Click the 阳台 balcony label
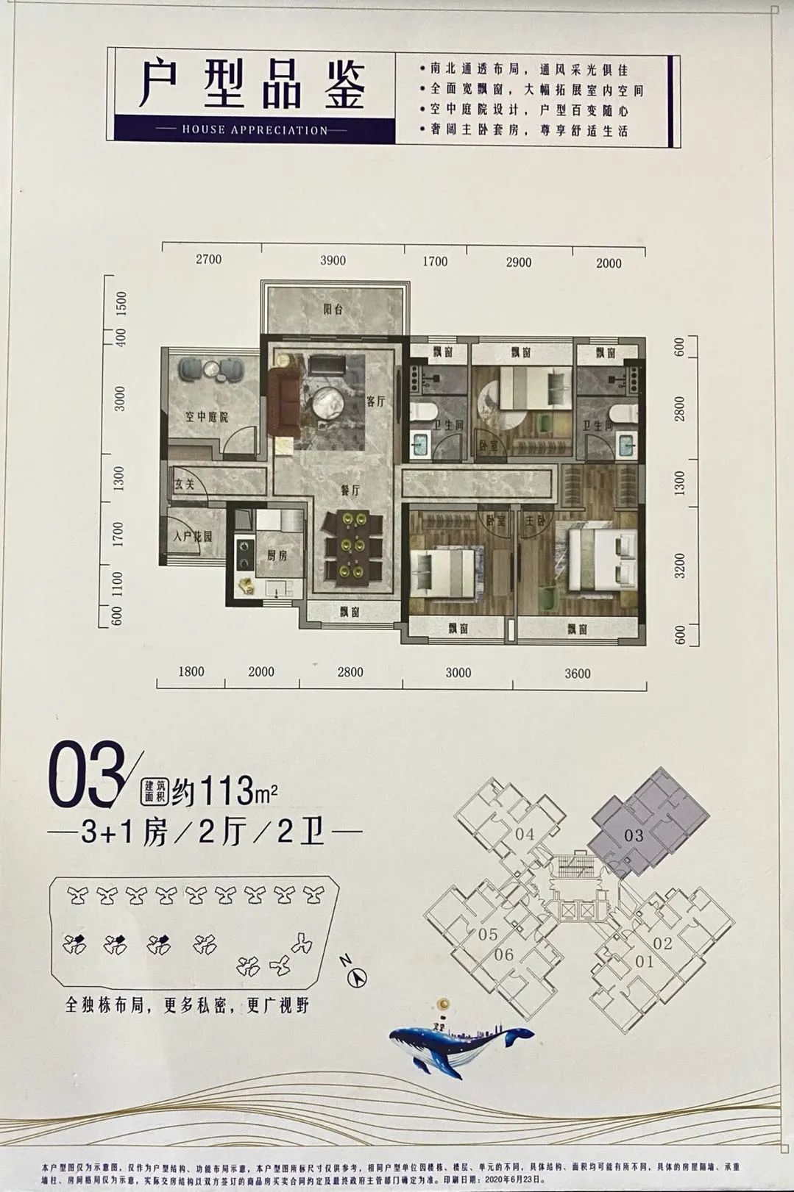(x=333, y=310)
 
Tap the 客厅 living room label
(x=375, y=401)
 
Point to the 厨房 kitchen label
(x=277, y=555)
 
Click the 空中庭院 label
(x=206, y=417)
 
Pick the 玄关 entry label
(x=183, y=485)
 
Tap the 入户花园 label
(x=193, y=538)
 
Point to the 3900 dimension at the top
(x=333, y=260)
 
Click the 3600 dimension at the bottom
(x=577, y=673)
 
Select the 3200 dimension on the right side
(x=679, y=565)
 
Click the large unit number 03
(x=82, y=777)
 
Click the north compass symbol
(x=356, y=978)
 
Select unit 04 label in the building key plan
(x=525, y=834)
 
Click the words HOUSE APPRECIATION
(x=254, y=130)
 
